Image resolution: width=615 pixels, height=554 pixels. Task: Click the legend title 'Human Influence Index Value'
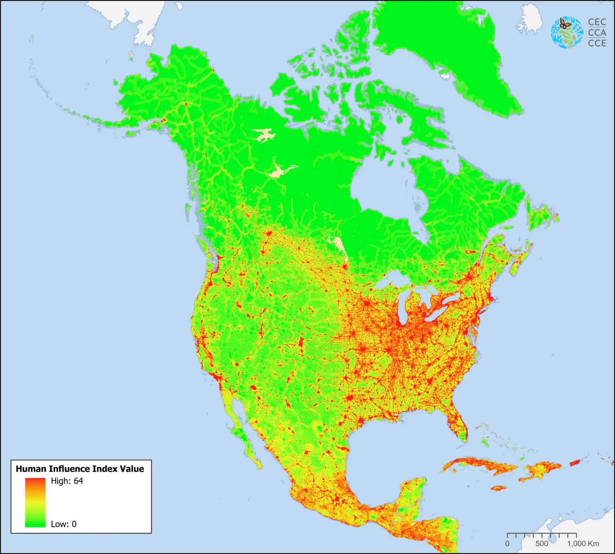80,469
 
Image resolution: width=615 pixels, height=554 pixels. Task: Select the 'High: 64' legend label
67,481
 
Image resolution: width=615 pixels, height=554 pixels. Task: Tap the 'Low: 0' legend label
64,524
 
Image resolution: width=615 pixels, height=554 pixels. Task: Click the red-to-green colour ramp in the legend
35,502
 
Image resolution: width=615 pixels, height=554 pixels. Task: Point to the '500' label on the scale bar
542,544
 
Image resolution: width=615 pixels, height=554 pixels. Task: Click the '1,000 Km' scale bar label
583,544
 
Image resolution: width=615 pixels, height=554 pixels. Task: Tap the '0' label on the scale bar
507,544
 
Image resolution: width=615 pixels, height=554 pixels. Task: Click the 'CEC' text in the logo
597,22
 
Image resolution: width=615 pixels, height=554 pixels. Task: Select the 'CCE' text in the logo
597,43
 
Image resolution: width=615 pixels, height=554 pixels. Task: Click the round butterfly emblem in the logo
567,32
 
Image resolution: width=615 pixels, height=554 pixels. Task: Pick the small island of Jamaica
499,488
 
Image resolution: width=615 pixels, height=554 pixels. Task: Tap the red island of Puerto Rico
574,463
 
